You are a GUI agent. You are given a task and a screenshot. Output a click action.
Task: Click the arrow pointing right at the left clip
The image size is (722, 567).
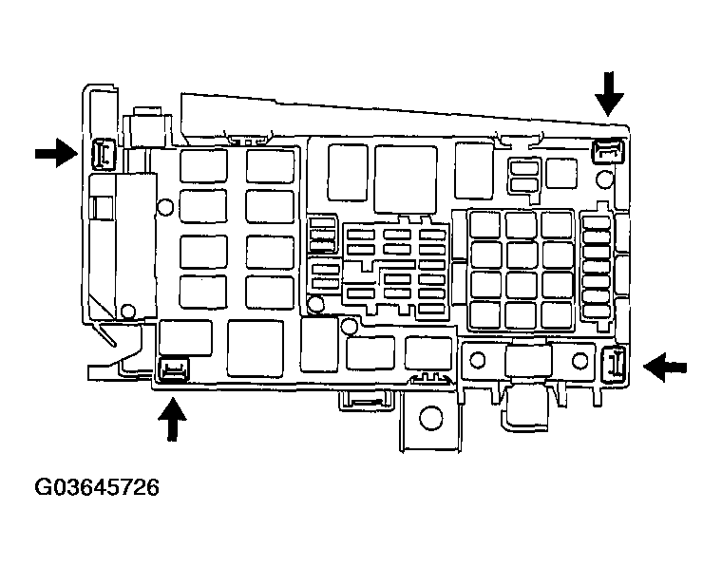click(55, 152)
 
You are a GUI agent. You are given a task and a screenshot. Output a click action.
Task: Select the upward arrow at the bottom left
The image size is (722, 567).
click(172, 419)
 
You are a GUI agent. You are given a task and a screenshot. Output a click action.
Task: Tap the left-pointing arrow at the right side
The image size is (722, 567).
click(665, 365)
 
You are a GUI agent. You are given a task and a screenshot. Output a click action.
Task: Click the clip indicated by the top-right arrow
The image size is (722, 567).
click(608, 148)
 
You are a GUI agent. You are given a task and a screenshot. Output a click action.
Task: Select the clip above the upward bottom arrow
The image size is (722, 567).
click(172, 369)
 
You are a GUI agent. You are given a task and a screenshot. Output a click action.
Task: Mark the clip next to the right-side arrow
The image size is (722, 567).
click(614, 363)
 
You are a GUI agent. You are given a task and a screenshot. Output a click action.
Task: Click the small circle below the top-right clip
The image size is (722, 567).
click(603, 179)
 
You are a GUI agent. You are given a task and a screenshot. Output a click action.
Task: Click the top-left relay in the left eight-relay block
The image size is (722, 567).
click(203, 167)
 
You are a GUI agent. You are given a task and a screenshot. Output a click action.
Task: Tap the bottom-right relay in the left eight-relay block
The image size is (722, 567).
click(270, 291)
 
